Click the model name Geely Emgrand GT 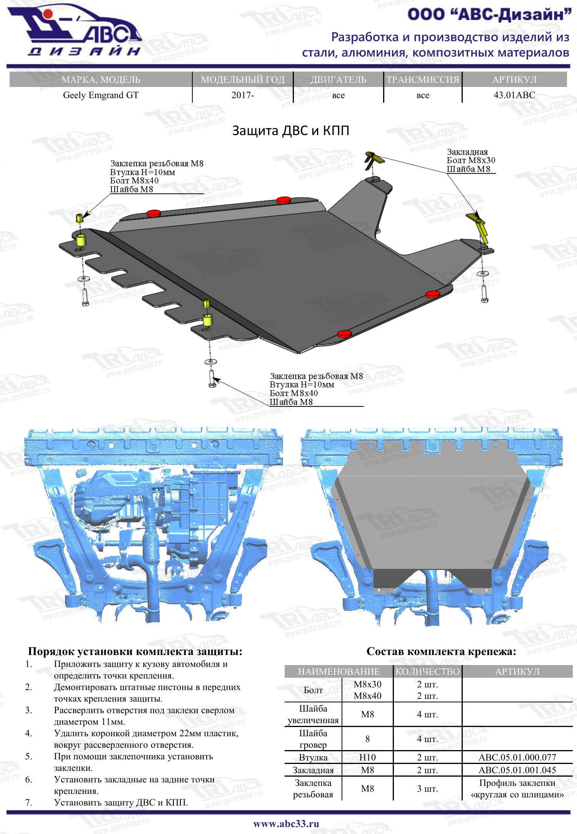pos(101,95)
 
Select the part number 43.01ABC pos(514,95)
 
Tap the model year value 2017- pos(243,95)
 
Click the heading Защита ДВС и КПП pos(291,131)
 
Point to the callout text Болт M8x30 pos(471,160)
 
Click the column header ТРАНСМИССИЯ pos(423,80)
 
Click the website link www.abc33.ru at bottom pos(286,824)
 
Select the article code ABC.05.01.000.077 pos(517,757)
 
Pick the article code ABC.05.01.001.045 pos(517,770)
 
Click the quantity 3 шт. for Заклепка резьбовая pos(427,789)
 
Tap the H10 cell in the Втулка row pos(367,757)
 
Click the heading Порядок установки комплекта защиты pos(135,651)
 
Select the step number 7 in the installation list pos(28,802)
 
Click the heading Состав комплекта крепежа pos(441,651)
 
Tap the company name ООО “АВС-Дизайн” pos(489,15)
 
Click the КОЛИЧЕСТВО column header pos(428,672)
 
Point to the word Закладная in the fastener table pos(313,770)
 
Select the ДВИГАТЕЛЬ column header pos(339,80)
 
